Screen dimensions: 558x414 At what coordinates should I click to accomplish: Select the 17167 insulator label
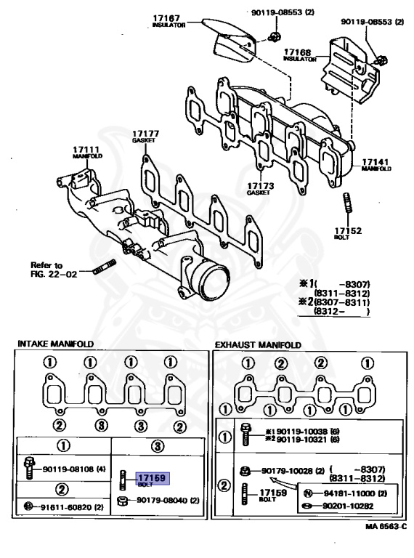[168, 20]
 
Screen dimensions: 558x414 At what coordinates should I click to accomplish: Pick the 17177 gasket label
[145, 136]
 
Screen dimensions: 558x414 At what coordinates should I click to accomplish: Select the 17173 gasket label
[259, 188]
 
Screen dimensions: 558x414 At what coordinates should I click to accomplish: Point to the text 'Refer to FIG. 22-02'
[46, 269]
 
